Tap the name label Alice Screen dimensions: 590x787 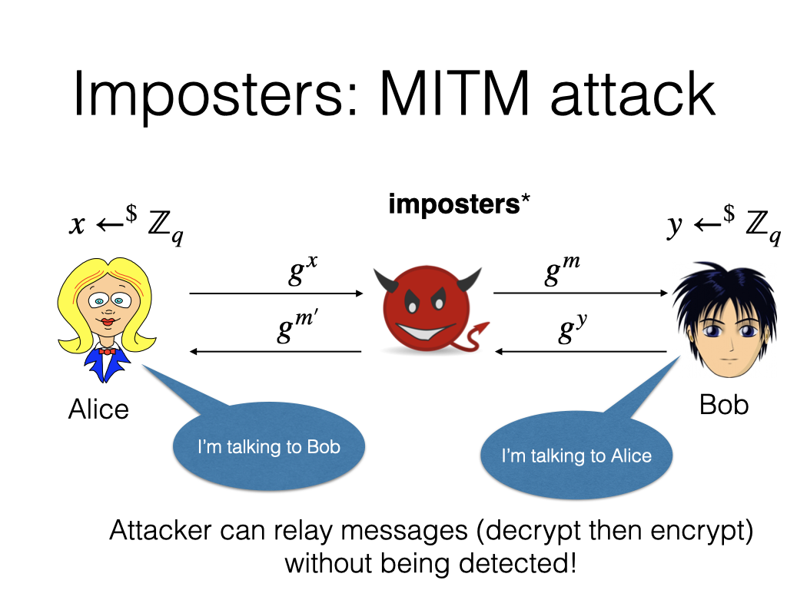[98, 409]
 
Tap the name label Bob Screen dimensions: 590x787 [723, 404]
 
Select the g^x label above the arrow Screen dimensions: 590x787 [301, 272]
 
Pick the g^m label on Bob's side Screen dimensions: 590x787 [562, 272]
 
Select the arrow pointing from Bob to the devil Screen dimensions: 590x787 [580, 351]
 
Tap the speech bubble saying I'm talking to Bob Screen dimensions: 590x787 [268, 447]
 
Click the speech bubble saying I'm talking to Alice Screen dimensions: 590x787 [576, 456]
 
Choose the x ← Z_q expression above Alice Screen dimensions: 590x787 [125, 226]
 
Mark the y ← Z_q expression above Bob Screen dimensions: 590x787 [723, 226]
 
